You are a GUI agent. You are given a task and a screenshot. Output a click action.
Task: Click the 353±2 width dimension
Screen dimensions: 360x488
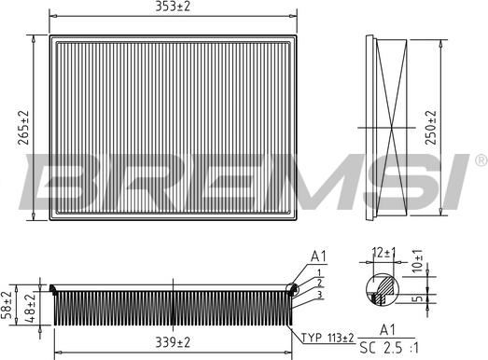tap(173, 8)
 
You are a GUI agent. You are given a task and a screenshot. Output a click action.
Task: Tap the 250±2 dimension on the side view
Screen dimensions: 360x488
tap(431, 126)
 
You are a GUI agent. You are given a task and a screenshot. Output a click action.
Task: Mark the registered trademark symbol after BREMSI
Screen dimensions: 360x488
tap(481, 157)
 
